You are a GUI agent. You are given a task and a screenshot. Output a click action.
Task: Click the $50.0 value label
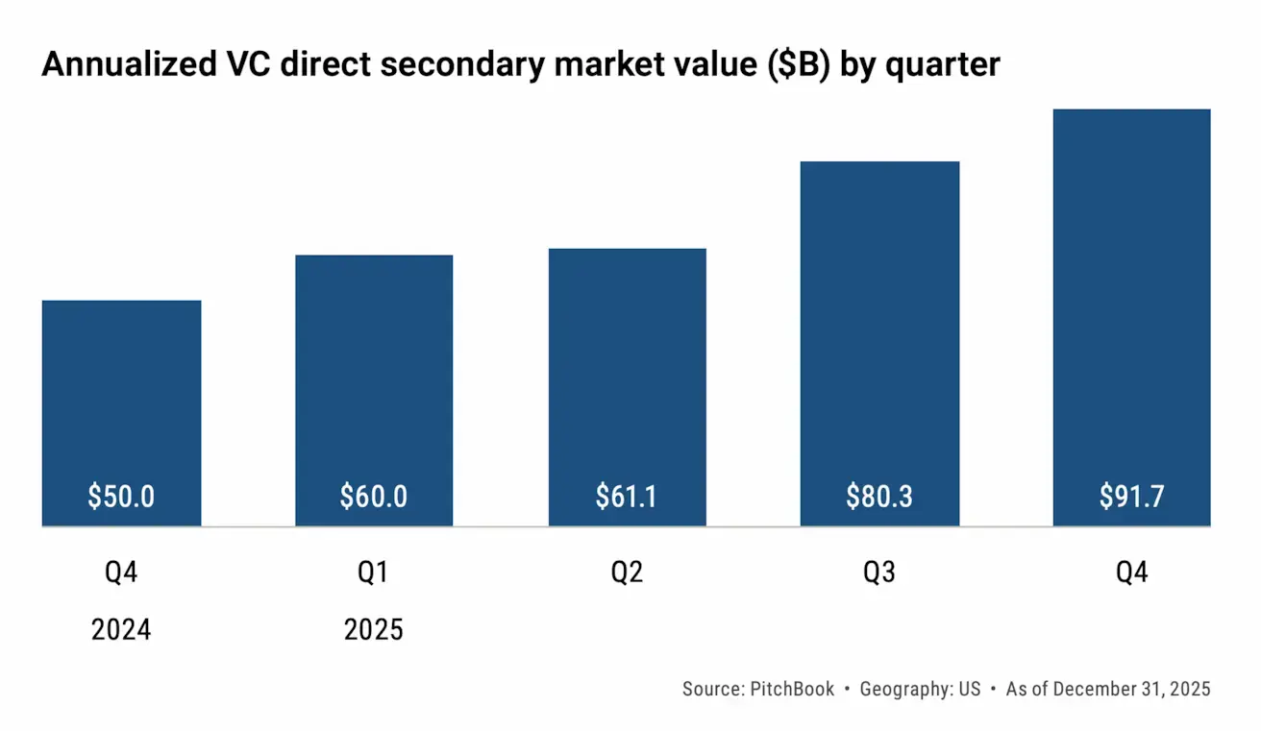tap(121, 497)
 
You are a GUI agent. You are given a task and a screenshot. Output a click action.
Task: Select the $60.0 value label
tap(374, 497)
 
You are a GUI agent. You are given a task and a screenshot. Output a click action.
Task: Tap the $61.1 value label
tap(627, 497)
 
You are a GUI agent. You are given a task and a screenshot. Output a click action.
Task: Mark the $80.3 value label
tap(879, 497)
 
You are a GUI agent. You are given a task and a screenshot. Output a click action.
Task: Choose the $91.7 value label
tap(1131, 497)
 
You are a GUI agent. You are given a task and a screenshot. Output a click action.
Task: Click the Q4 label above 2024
tap(121, 573)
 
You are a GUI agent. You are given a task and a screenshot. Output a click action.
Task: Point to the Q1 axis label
tap(374, 573)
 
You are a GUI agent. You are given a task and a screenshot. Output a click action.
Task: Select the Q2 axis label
tap(627, 573)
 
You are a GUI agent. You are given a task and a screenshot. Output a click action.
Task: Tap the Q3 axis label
tap(879, 573)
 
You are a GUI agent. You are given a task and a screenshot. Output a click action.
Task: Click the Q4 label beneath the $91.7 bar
tap(1131, 573)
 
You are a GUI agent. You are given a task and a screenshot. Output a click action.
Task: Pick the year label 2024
tap(121, 630)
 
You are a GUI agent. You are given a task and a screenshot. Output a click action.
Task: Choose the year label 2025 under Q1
tap(374, 630)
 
